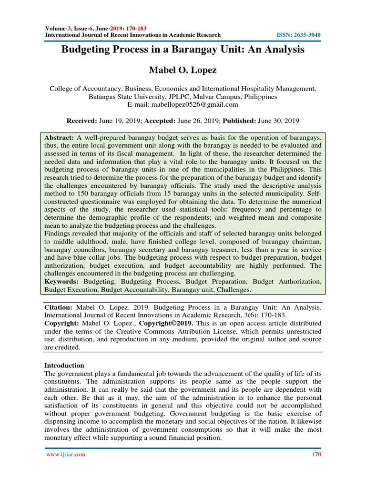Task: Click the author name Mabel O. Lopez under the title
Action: coord(183,71)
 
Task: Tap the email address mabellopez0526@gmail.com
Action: coord(183,104)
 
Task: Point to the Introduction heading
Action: coord(64,366)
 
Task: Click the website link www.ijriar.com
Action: coord(65,454)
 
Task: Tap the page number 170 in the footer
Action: coord(316,454)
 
